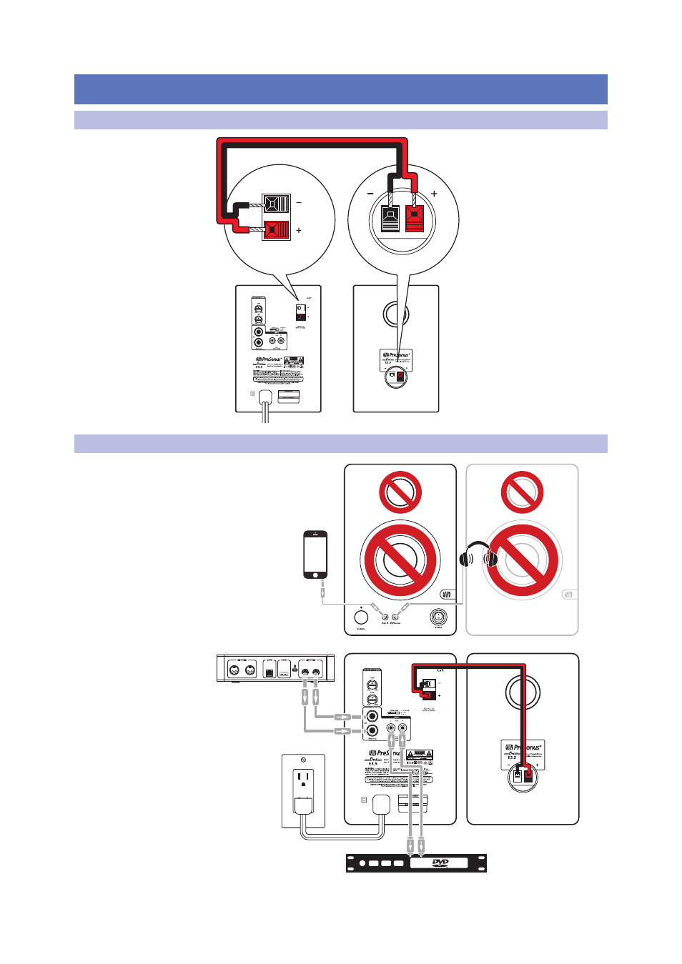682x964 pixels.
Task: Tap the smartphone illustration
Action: (x=315, y=555)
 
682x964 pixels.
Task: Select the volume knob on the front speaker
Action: (x=361, y=617)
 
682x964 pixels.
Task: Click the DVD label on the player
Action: (x=440, y=863)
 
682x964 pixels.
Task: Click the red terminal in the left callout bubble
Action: (x=276, y=230)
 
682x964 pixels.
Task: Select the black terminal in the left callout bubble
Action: (x=276, y=204)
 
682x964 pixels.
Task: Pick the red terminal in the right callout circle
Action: (x=415, y=218)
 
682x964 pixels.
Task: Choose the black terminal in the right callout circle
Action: (x=390, y=218)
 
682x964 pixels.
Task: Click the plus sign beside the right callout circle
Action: (x=434, y=194)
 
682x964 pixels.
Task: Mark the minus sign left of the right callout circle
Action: (x=370, y=194)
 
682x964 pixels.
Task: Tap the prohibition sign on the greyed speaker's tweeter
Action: (x=523, y=492)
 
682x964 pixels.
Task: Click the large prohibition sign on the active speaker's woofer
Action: (x=400, y=560)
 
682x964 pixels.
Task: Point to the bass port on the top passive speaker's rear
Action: (x=396, y=313)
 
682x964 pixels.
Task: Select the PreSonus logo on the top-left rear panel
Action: (x=269, y=359)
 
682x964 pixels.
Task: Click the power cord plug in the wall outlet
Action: (x=304, y=806)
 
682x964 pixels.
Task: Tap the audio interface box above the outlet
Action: (x=275, y=669)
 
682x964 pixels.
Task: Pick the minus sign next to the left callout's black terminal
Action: (x=299, y=203)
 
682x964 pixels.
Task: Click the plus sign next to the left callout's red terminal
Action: (x=299, y=230)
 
